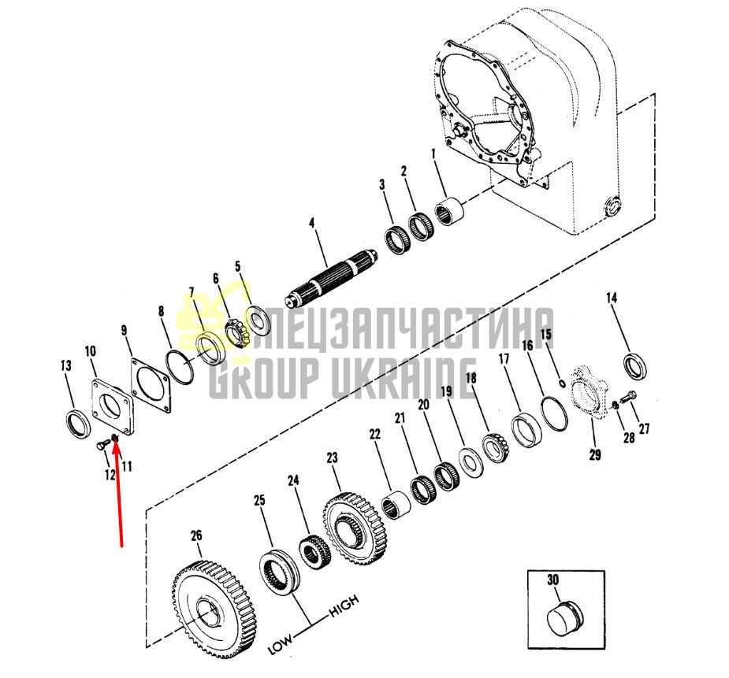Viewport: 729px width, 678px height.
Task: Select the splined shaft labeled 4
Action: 332,278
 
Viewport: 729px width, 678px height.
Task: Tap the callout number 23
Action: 332,458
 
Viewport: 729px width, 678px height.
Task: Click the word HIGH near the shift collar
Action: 344,606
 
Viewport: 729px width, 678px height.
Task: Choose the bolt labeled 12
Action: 102,446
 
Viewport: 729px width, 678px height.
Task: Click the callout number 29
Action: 595,454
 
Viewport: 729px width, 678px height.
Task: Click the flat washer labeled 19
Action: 471,462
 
